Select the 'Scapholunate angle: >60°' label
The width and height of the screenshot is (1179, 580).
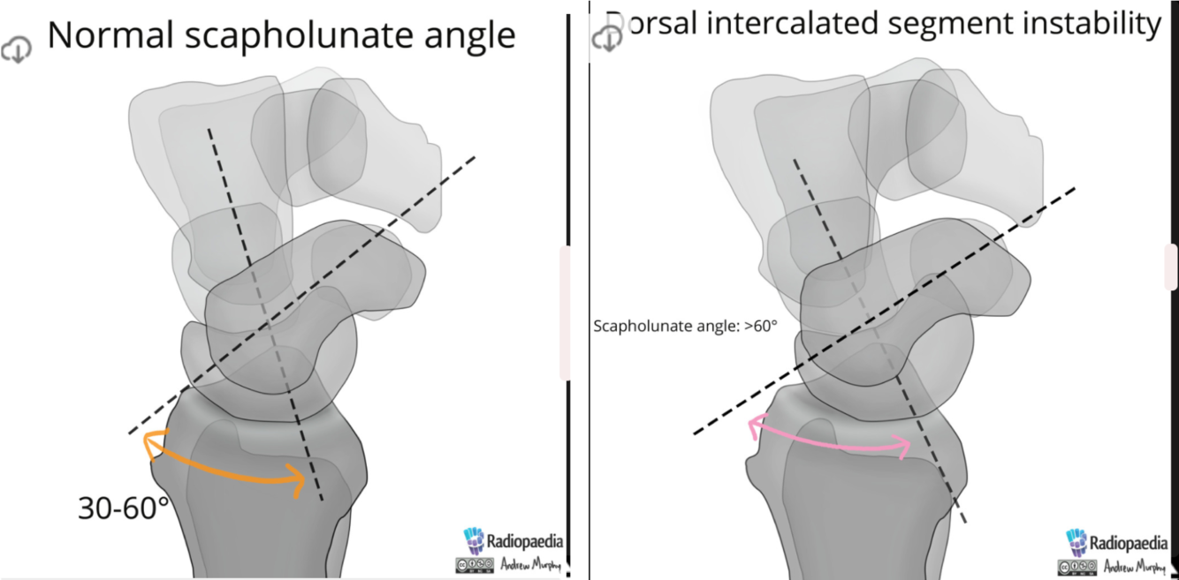tap(685, 326)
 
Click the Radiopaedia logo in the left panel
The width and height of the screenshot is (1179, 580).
tap(513, 541)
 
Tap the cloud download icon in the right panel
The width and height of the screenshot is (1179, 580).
tap(607, 38)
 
